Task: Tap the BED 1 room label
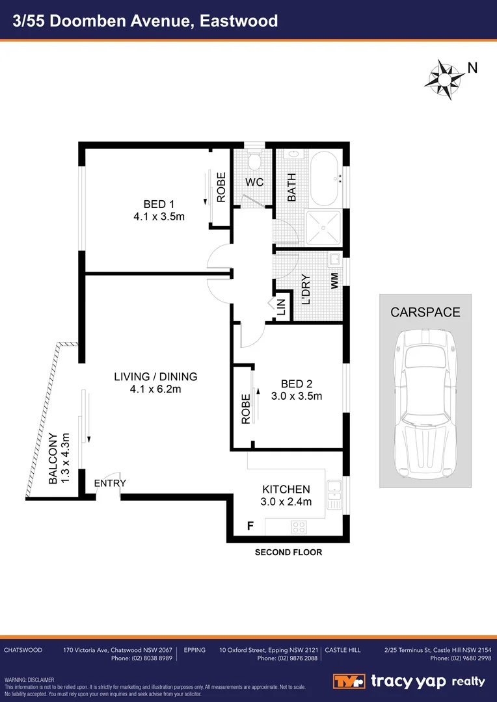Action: (x=159, y=203)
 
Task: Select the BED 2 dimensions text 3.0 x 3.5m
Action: (x=297, y=396)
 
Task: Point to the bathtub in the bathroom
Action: (x=323, y=177)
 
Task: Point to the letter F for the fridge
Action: (x=250, y=525)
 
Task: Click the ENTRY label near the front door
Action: (x=110, y=483)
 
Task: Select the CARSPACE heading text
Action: (x=425, y=312)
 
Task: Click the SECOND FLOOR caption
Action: (x=288, y=552)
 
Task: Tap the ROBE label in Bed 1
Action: (x=221, y=187)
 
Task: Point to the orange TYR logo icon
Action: (x=349, y=681)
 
